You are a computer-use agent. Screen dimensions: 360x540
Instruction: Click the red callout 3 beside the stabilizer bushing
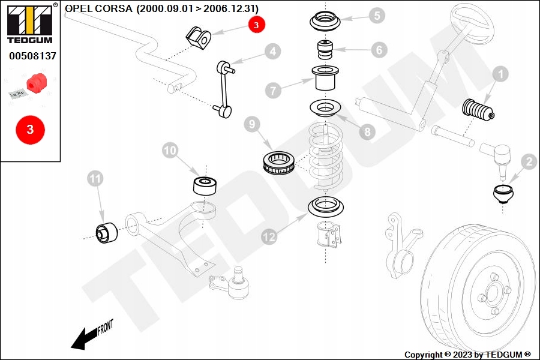point(256,25)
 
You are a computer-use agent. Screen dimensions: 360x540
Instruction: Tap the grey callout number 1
point(500,74)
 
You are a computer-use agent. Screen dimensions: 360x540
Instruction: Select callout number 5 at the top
point(376,16)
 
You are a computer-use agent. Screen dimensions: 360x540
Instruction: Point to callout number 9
point(252,125)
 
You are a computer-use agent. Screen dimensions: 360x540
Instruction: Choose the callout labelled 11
point(95,178)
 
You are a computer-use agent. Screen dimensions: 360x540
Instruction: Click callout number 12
point(269,237)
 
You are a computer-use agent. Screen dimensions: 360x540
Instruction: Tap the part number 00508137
point(32,56)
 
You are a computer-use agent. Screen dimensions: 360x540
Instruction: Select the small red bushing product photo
point(37,80)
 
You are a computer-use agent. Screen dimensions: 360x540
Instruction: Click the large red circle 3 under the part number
point(30,130)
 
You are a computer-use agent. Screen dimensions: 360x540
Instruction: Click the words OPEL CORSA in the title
point(99,8)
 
